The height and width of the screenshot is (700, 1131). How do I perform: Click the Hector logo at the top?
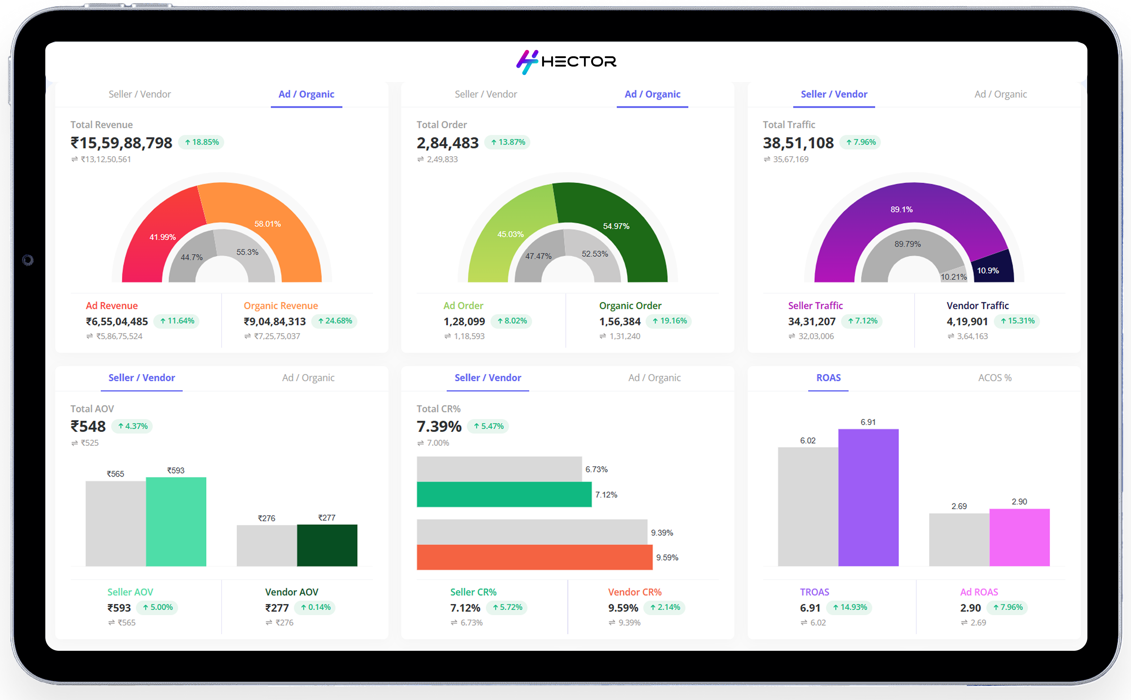pos(566,62)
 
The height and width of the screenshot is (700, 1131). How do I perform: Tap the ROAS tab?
pos(828,378)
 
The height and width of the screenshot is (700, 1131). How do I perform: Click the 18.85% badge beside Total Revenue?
pos(202,142)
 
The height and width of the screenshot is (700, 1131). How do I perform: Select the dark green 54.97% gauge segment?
pos(611,218)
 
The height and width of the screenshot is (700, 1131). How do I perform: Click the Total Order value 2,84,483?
pos(447,143)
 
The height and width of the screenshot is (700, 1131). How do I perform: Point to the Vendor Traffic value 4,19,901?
pos(967,321)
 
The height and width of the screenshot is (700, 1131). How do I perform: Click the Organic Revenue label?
pos(281,305)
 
